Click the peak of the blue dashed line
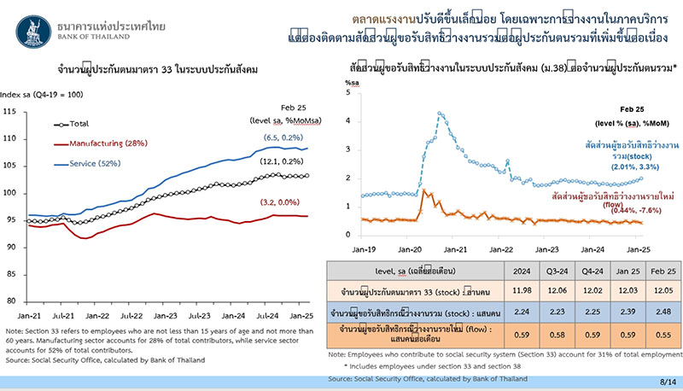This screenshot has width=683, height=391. point(439,113)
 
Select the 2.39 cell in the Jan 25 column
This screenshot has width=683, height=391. point(617,310)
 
